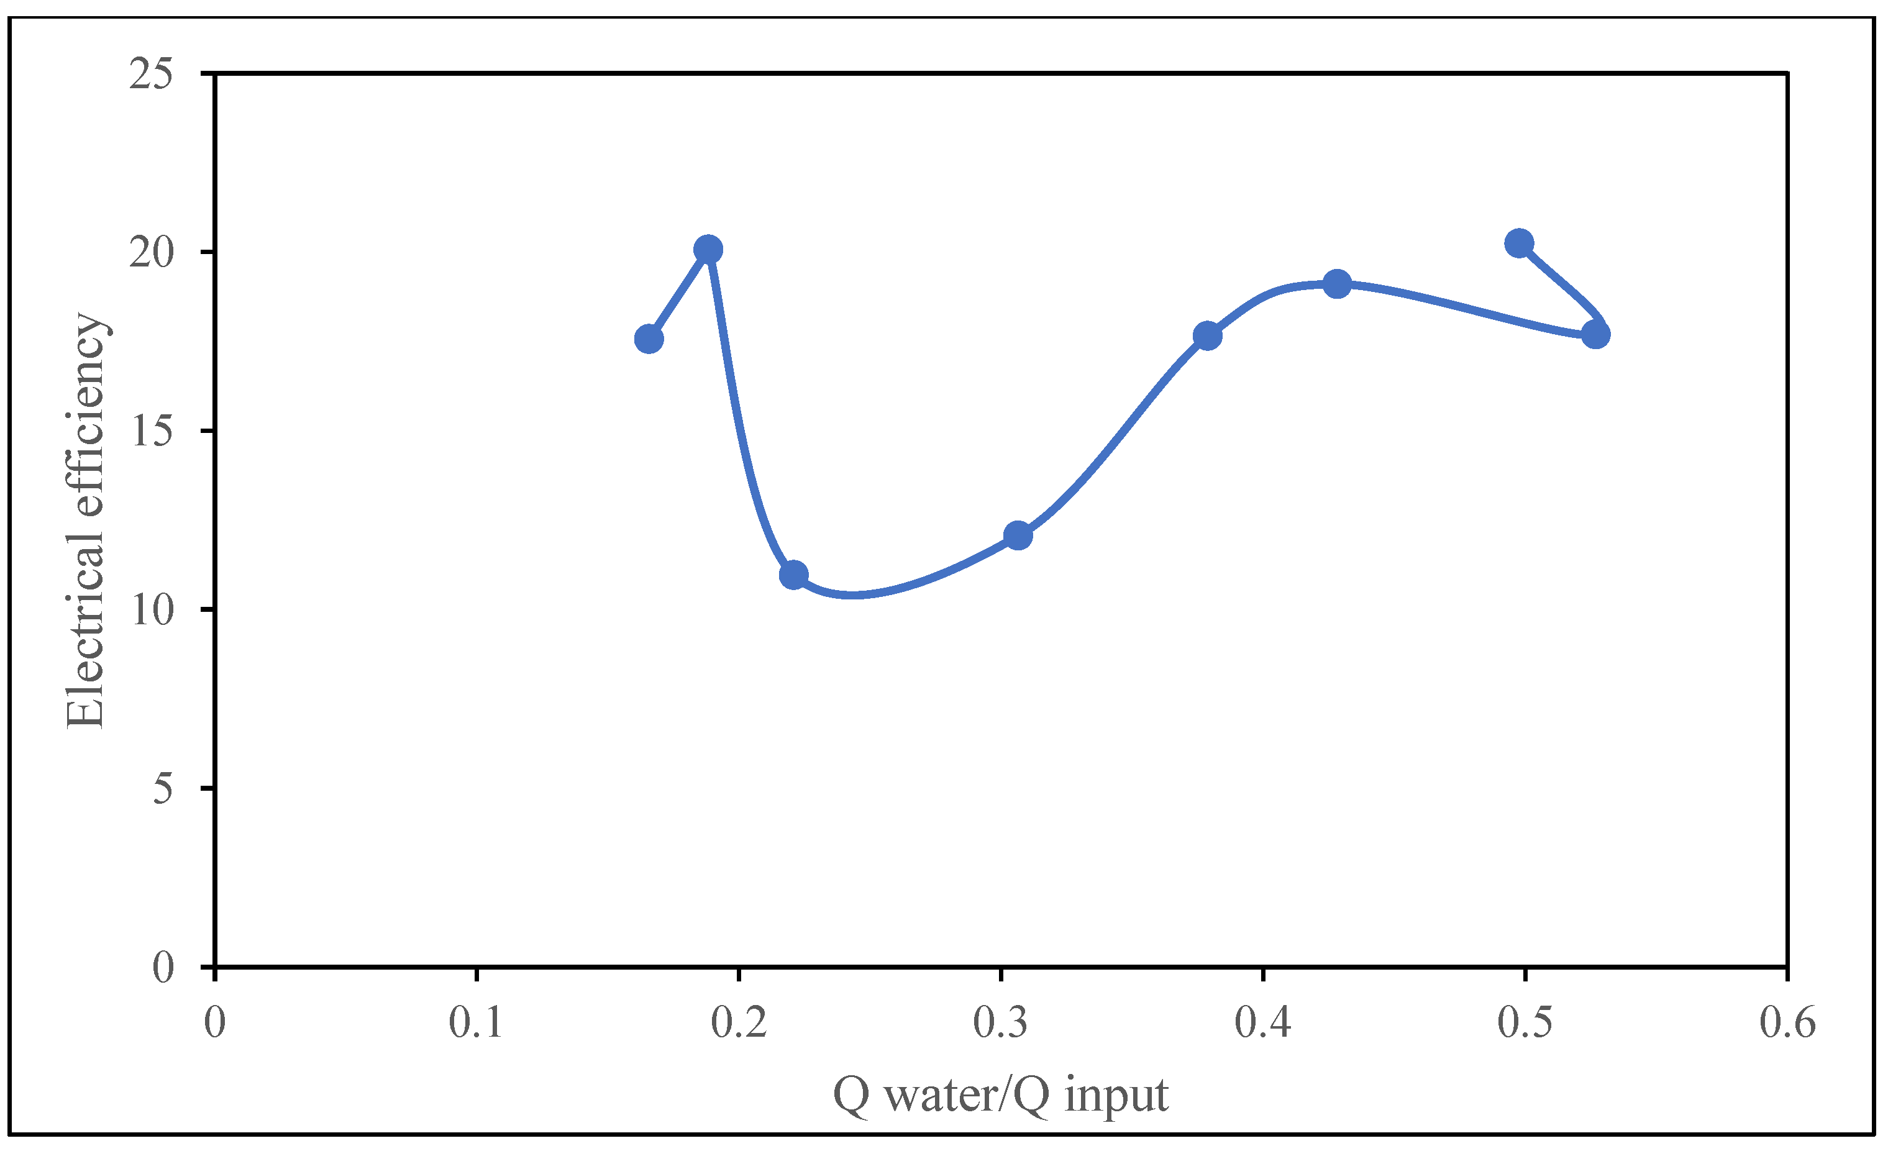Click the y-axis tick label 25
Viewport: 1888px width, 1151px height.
tap(151, 75)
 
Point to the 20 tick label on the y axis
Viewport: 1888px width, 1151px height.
tap(151, 253)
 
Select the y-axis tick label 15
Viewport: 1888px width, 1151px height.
tap(151, 432)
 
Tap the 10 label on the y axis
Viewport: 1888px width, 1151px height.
tap(151, 610)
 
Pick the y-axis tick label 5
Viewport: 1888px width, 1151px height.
tap(162, 788)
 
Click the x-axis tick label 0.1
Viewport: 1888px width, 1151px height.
tap(476, 1023)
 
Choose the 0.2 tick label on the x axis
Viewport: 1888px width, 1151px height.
tap(739, 1023)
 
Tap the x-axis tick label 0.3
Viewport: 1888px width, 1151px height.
tap(1001, 1023)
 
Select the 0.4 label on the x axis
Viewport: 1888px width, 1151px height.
tap(1263, 1023)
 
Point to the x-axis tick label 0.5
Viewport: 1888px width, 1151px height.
tap(1525, 1023)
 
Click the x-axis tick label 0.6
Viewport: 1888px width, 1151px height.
tap(1787, 1023)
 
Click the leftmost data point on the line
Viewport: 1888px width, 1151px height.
tap(649, 339)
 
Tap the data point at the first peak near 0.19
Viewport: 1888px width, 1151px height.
tap(708, 249)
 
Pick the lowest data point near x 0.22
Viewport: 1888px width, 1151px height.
tap(793, 575)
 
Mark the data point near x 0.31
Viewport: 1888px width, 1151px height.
tap(1018, 535)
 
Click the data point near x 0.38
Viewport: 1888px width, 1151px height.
tap(1208, 335)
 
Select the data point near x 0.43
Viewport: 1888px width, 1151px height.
tap(1337, 284)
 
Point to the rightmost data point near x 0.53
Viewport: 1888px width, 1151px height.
tap(1596, 335)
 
